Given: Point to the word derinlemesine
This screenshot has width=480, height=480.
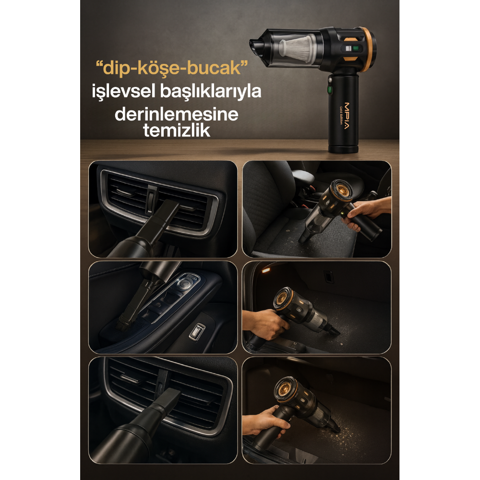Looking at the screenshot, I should click(x=176, y=116).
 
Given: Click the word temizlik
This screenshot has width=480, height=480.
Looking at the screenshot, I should click(x=177, y=131).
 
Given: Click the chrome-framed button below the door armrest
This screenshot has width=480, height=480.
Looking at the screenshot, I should click(x=197, y=331).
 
